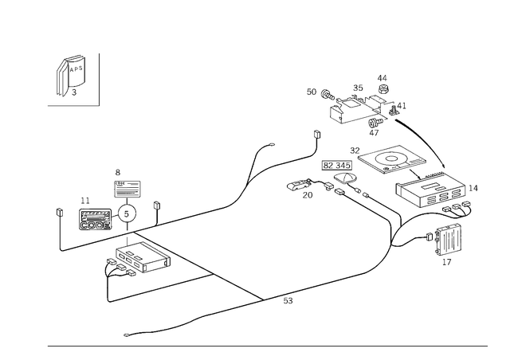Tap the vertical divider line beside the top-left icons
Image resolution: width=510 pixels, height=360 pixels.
tap(100, 80)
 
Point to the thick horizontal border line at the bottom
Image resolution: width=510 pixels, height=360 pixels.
tap(267, 346)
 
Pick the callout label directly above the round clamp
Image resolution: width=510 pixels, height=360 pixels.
tap(118, 170)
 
